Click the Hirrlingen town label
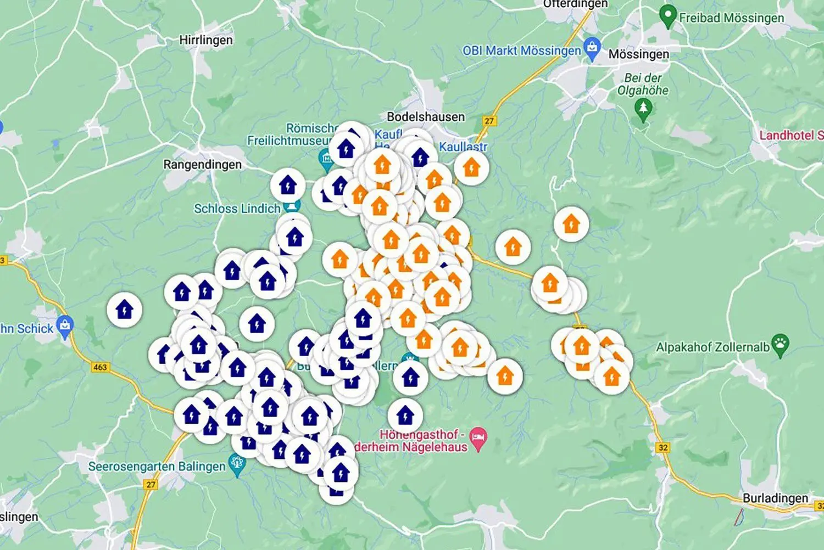(206, 40)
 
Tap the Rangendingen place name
(202, 165)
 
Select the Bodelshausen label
(426, 116)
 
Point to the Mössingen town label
(638, 54)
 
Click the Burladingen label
(775, 498)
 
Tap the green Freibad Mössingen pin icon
(667, 16)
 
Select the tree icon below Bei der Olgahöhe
(643, 110)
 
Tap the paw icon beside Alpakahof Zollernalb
(780, 345)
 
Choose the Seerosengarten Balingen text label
(157, 467)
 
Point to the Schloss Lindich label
(237, 209)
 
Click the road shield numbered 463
(100, 367)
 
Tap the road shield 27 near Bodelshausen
(489, 121)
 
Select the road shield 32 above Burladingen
(663, 447)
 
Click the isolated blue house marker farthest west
(125, 310)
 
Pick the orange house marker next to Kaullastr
(471, 167)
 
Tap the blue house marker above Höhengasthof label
(405, 416)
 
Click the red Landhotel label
(791, 135)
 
